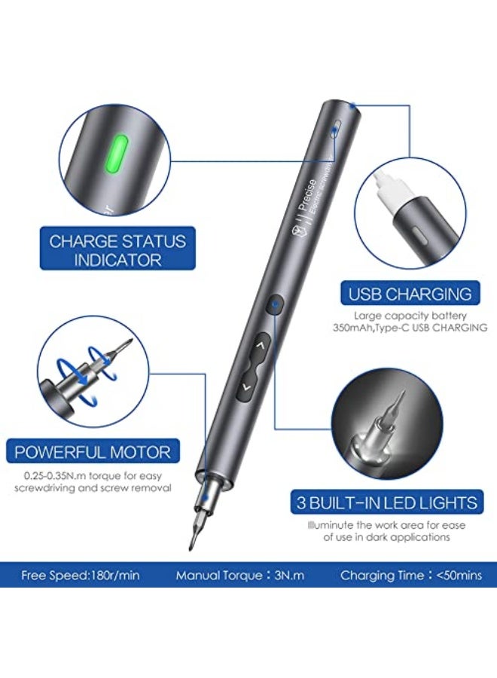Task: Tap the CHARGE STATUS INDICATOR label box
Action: tap(117, 250)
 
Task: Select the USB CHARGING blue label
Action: tap(410, 294)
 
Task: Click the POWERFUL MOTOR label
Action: tap(93, 453)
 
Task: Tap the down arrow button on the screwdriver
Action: tap(245, 389)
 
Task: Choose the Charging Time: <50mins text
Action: tap(411, 576)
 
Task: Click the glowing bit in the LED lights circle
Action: tap(398, 411)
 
